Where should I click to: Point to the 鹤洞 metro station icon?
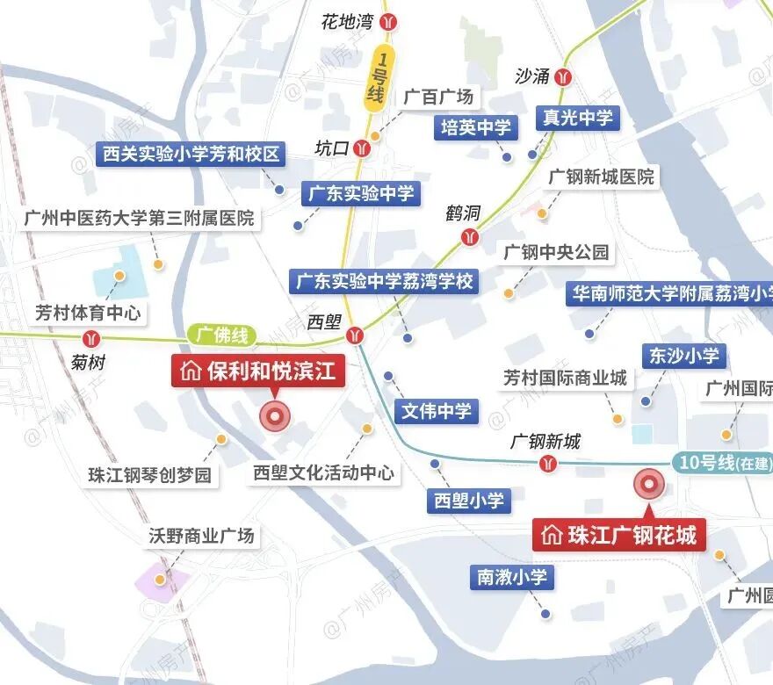tap(471, 236)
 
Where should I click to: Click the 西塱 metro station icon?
tap(355, 334)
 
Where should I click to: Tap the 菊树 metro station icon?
tap(90, 339)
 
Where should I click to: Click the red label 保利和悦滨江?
tap(258, 371)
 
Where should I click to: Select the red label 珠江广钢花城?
tap(620, 534)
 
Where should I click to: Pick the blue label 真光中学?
tap(578, 118)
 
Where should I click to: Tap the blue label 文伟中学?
tap(437, 411)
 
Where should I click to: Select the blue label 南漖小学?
tap(512, 577)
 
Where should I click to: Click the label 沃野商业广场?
tap(200, 535)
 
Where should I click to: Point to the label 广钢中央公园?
tap(556, 253)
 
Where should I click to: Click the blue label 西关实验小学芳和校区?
tap(191, 155)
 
